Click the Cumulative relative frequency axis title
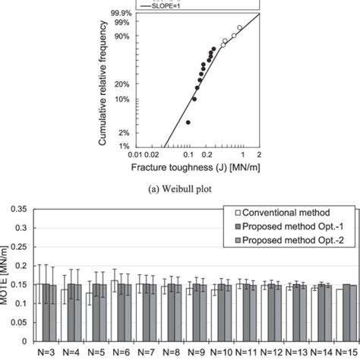(102, 81)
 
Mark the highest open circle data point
(239, 27)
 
